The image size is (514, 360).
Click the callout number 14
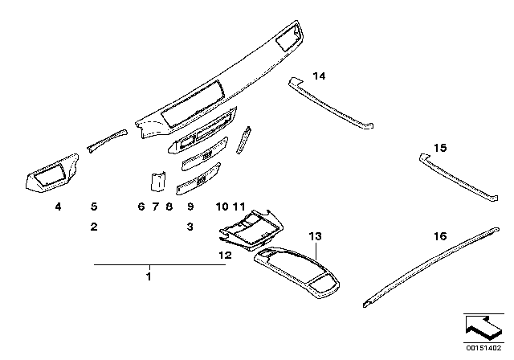(320, 76)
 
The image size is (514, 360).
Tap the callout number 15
(439, 149)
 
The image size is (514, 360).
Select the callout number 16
(439, 236)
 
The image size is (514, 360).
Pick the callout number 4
(58, 207)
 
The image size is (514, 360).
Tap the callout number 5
(94, 207)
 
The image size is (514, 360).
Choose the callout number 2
(94, 227)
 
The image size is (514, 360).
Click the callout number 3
(190, 227)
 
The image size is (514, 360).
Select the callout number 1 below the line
(148, 277)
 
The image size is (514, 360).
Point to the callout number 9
(190, 207)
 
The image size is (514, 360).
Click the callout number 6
(141, 207)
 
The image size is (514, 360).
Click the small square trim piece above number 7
(158, 182)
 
